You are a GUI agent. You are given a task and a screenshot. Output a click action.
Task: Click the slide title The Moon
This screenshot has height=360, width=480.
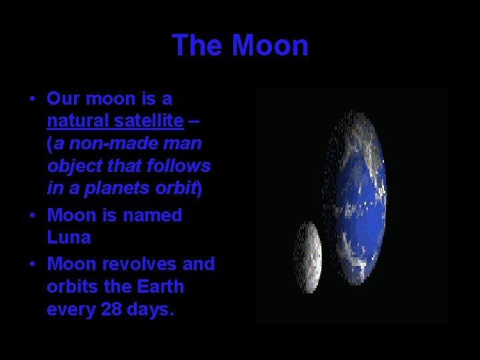[240, 45]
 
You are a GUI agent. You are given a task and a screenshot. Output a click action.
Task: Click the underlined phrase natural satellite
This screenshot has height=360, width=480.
[115, 121]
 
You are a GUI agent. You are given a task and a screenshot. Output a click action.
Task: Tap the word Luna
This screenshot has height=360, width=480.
[69, 237]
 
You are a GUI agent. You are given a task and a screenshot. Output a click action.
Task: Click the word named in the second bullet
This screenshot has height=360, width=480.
[152, 215]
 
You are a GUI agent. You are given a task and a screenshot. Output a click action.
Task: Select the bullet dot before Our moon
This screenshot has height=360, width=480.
[31, 99]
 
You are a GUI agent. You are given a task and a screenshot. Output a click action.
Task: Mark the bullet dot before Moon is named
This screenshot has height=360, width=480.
[31, 215]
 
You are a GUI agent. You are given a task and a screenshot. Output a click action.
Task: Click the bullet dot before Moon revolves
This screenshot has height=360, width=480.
[31, 264]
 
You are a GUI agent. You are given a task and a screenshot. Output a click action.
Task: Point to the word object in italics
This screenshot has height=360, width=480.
[71, 166]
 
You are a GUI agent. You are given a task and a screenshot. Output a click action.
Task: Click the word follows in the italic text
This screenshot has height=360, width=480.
[181, 166]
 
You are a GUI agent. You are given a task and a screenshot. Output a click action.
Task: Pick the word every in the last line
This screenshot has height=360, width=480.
[69, 309]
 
